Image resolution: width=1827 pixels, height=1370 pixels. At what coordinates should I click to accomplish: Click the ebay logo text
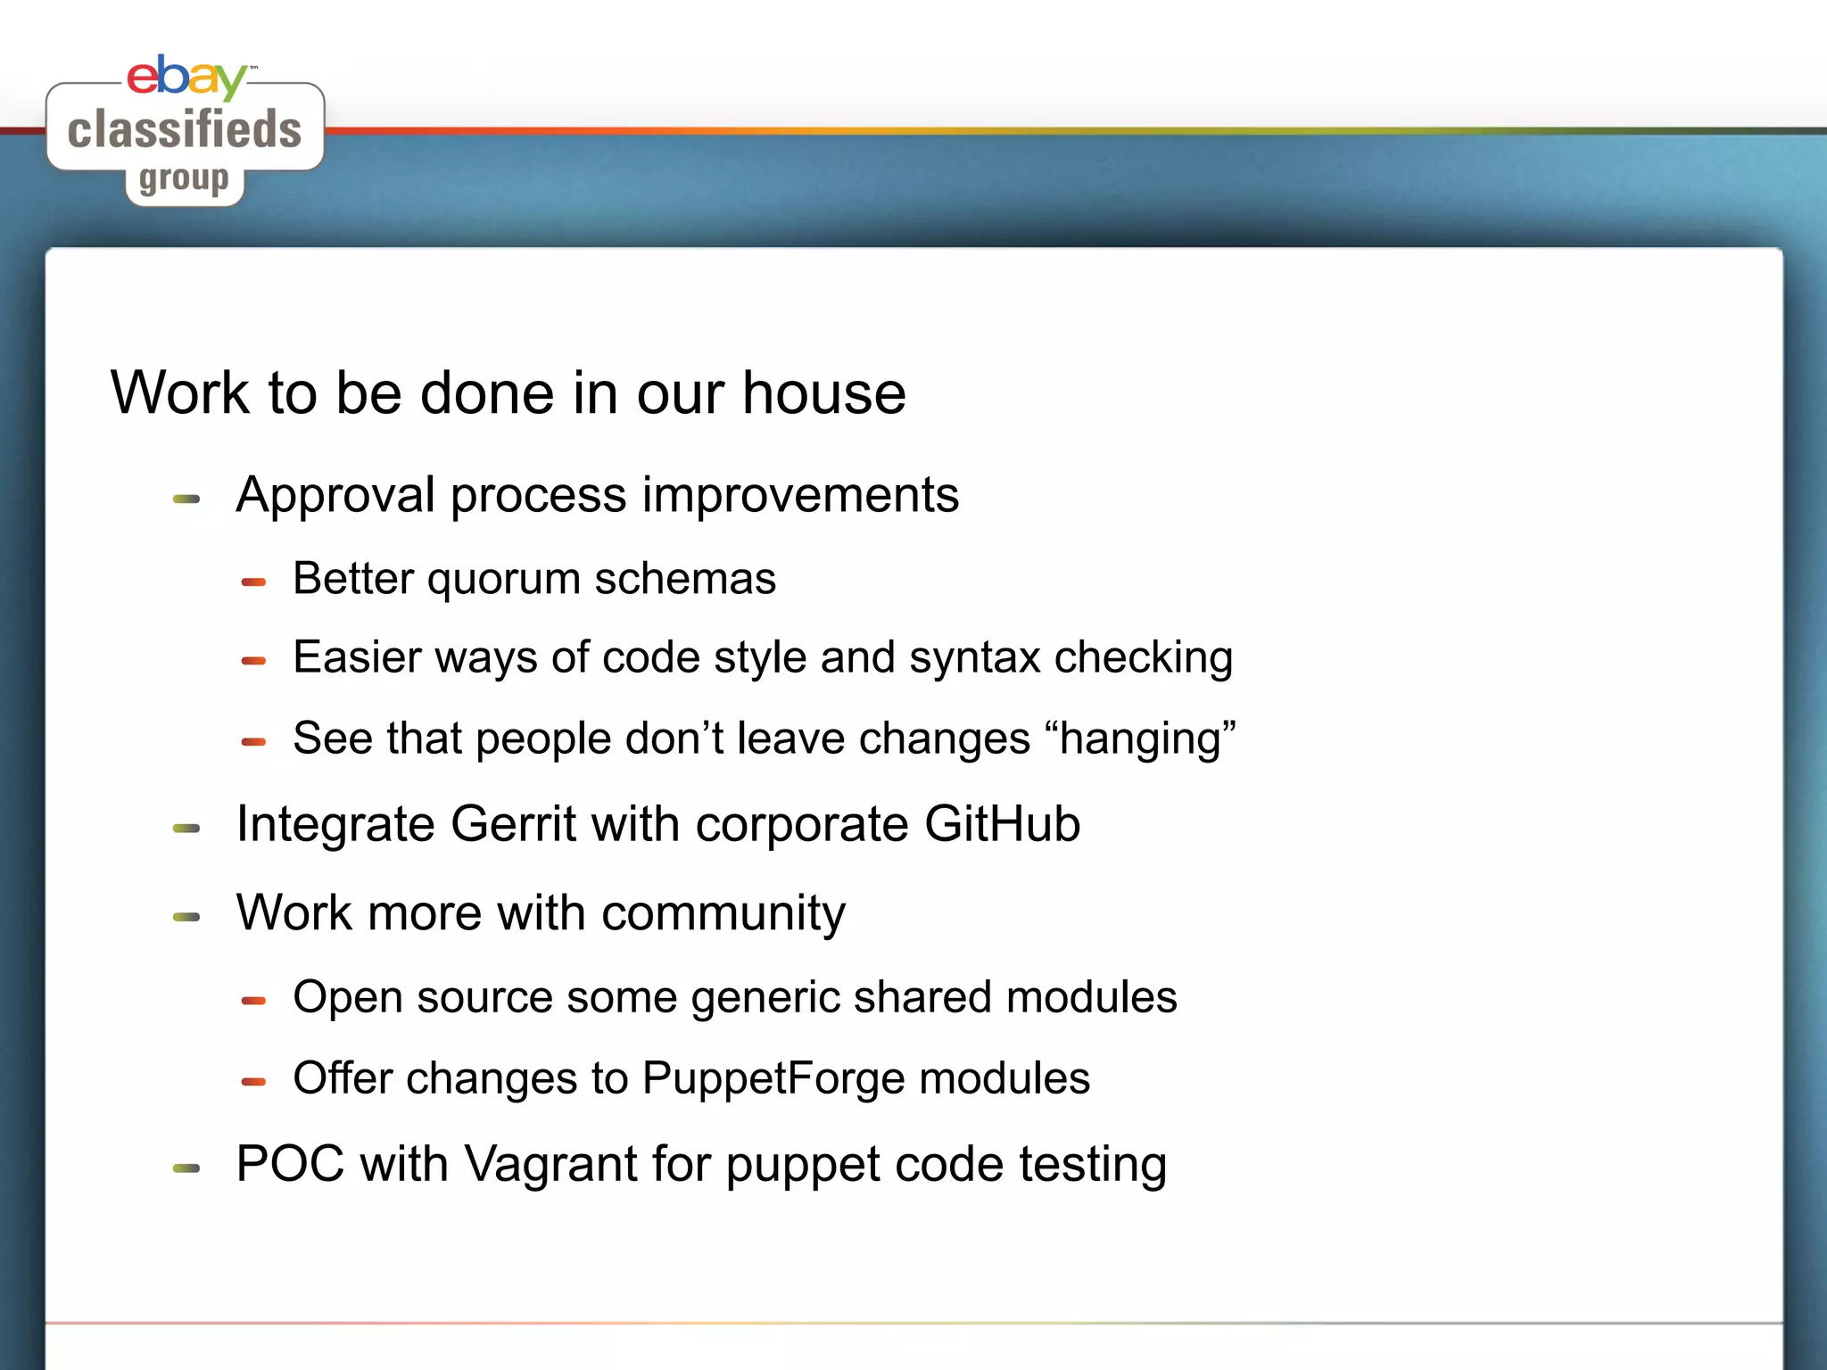[186, 77]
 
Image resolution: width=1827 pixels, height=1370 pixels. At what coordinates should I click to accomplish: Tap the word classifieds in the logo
[185, 129]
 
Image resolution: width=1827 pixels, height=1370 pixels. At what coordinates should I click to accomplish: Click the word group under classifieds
[184, 179]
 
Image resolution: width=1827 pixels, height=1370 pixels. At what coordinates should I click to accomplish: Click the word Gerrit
[513, 824]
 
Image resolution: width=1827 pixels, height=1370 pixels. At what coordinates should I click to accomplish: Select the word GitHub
[1002, 824]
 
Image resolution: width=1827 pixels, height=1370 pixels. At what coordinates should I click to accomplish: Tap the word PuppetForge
[774, 1079]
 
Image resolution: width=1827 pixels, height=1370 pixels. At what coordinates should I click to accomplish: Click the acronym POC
[290, 1165]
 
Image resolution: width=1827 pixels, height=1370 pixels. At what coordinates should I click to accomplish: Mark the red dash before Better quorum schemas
[253, 582]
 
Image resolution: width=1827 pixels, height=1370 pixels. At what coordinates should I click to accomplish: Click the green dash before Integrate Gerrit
[186, 829]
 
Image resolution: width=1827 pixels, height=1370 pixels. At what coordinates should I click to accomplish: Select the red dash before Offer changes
[253, 1082]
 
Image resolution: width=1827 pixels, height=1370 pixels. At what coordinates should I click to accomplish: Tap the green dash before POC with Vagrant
[186, 1168]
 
